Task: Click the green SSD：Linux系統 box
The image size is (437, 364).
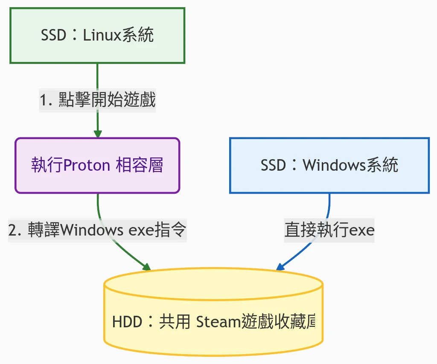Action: pos(97,35)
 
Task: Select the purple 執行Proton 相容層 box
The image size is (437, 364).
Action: pos(97,165)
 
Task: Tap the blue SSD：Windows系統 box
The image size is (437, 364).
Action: pos(329,165)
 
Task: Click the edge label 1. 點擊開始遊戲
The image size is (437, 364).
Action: pos(97,101)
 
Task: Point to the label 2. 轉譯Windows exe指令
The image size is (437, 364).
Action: pos(97,230)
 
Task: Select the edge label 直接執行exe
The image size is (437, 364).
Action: pos(329,230)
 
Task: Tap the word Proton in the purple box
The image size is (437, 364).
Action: pos(87,165)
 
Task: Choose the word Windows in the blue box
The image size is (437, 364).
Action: pos(330,165)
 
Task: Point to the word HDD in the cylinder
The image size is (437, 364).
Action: pos(127,322)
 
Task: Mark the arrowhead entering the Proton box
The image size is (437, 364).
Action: pos(98,134)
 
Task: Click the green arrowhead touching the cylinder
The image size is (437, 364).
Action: pos(147,268)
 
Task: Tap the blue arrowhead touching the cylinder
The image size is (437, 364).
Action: pos(280,267)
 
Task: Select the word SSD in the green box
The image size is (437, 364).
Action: pos(53,35)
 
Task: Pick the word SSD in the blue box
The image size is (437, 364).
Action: pos(273,165)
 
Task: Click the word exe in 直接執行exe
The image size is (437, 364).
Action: pos(362,230)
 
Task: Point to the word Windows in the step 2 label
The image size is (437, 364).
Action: pos(87,230)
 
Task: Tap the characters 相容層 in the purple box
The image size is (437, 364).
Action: pos(140,165)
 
